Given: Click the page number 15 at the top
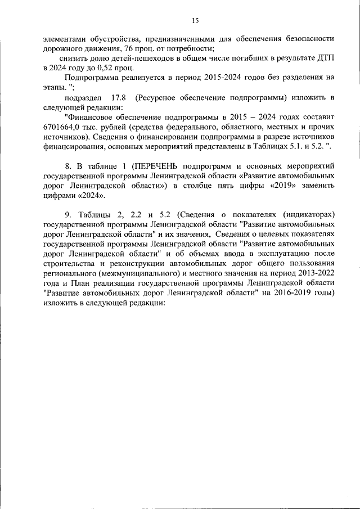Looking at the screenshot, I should click(195, 21).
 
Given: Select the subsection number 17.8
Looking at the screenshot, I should click(120, 97).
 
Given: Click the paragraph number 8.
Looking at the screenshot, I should click(68, 166).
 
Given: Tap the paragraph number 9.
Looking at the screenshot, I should click(68, 214).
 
